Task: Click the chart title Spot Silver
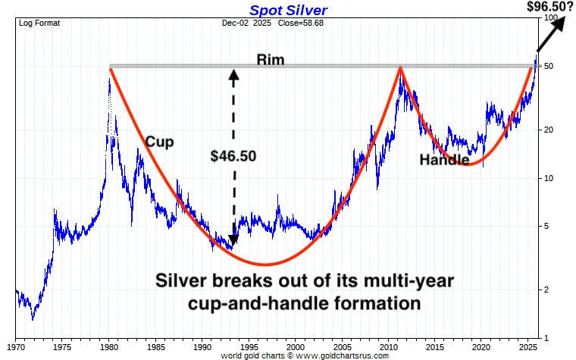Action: click(288, 11)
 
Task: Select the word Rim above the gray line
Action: click(271, 59)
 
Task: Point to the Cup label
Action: click(160, 142)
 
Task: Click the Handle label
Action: click(444, 160)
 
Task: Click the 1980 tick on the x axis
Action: click(110, 346)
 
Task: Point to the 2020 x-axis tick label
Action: click(480, 346)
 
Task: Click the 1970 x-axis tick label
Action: click(17, 346)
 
